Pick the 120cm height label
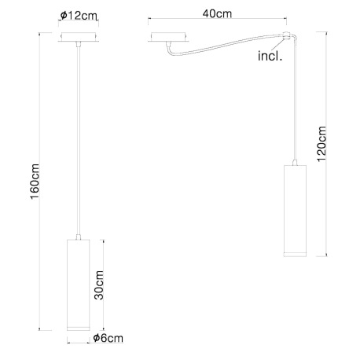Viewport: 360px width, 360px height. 321,145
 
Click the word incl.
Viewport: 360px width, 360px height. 270,57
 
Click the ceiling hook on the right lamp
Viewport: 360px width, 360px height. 289,36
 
